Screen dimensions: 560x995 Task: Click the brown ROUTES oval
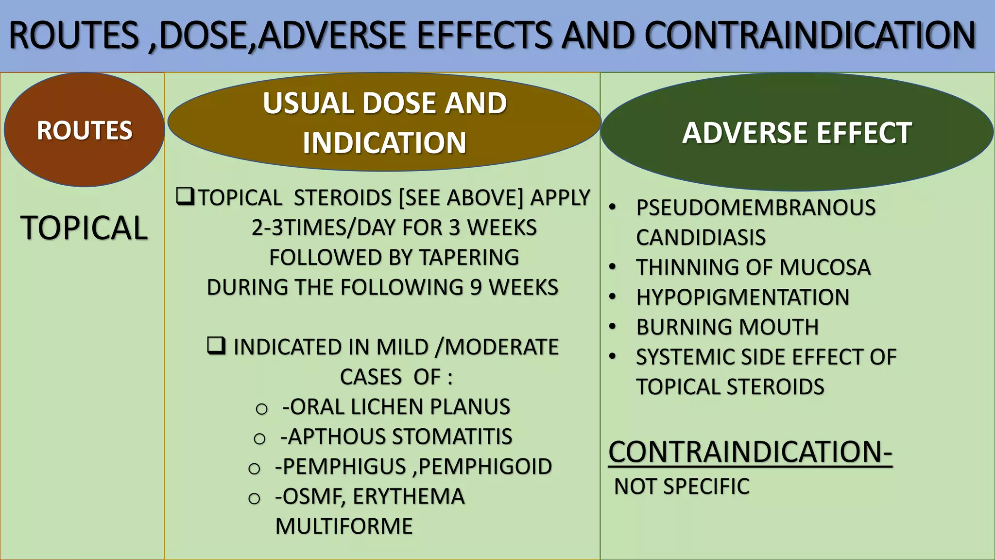(84, 130)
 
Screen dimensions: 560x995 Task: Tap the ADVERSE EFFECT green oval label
(797, 133)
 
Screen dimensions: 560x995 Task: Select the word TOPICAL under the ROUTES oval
(84, 227)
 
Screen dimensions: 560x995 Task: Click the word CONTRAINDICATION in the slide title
(810, 35)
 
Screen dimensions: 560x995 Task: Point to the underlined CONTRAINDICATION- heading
(750, 452)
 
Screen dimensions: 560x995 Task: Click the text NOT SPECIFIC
(682, 487)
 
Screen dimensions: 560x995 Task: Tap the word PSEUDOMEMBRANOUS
(755, 208)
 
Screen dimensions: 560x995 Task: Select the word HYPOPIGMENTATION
(743, 297)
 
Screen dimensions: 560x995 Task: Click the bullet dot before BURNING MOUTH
(613, 326)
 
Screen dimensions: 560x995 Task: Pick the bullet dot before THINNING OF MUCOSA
(613, 266)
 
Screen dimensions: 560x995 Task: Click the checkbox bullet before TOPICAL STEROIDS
(185, 197)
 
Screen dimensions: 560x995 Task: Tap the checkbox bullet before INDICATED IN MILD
(216, 346)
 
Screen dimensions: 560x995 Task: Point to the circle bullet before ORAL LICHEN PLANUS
(261, 409)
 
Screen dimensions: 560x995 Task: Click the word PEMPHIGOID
(485, 467)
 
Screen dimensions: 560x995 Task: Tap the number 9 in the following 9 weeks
(476, 287)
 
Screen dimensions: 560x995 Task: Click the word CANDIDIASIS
(701, 238)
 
